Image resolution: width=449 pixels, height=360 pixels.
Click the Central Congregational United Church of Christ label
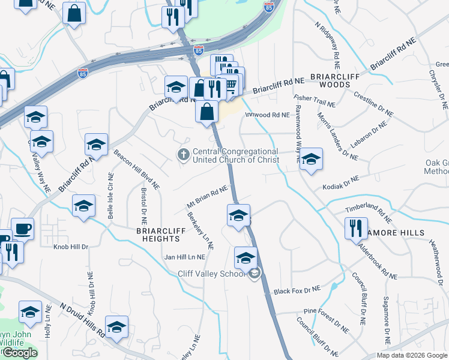(x=235, y=155)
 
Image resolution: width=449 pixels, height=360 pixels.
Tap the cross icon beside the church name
(x=184, y=155)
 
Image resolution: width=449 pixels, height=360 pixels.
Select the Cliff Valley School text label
(x=212, y=274)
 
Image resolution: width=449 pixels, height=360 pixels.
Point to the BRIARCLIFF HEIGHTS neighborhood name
(x=150, y=234)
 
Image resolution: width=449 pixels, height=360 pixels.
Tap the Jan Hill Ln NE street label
(x=185, y=257)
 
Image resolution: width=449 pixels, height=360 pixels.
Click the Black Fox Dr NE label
(x=297, y=290)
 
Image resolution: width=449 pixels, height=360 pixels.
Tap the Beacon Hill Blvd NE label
(x=136, y=167)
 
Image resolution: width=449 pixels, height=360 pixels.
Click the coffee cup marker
(x=22, y=229)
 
